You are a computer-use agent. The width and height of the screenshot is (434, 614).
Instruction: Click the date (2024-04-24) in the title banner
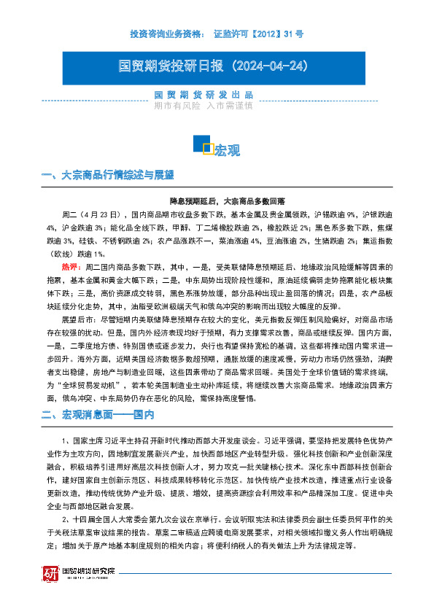269,66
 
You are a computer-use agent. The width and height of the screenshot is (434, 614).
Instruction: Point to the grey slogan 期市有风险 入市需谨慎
204,105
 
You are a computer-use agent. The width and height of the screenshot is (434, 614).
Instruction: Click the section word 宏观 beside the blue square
227,151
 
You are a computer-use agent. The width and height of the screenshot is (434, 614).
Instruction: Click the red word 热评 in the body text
71,267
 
